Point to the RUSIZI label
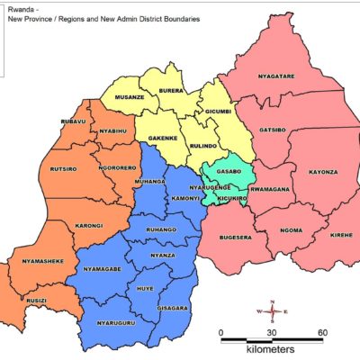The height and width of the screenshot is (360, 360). (39, 301)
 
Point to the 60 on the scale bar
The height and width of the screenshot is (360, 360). (322, 332)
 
